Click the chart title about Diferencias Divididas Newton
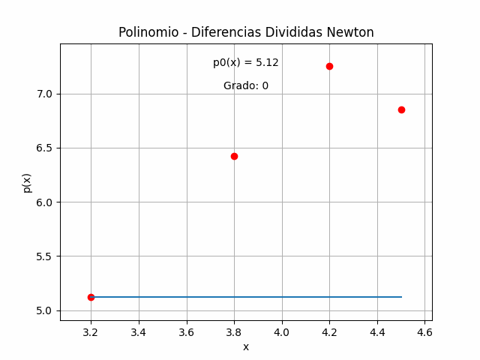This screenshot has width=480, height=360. (246, 32)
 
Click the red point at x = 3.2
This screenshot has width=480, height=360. (91, 297)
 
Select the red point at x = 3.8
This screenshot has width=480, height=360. (234, 156)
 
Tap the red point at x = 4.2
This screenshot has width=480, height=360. (329, 66)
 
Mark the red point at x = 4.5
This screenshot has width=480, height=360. (401, 109)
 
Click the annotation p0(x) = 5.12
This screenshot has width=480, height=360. (246, 63)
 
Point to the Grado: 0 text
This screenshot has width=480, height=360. (246, 86)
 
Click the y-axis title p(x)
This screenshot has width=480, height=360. (27, 182)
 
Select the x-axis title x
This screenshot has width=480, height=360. (246, 346)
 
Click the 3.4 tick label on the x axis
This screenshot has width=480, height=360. (139, 331)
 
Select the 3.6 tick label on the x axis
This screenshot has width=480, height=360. (186, 331)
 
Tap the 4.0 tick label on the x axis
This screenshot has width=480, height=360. (282, 331)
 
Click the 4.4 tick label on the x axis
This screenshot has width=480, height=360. (377, 331)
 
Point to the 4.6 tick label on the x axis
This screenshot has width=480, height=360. (424, 331)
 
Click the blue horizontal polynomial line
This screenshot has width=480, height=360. (247, 297)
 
